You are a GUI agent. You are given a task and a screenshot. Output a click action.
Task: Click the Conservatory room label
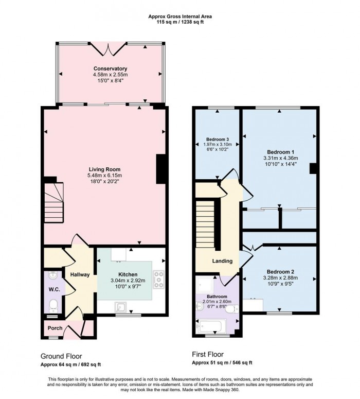pos(111,68)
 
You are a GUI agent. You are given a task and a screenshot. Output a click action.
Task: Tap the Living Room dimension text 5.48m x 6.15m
pos(105,176)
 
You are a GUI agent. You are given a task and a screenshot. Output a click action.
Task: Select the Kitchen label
pos(128,274)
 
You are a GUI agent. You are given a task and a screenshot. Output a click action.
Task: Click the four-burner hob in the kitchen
pos(158,280)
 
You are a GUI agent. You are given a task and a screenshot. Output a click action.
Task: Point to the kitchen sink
pos(120,307)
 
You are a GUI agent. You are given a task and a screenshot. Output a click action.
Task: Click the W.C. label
pos(54,289)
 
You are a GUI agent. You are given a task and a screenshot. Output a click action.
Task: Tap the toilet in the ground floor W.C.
pos(53,306)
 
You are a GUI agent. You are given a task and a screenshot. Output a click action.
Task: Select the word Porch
pos(55,328)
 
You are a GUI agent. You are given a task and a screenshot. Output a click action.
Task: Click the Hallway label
pos(80,274)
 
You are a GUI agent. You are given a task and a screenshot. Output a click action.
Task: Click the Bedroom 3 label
pos(218,139)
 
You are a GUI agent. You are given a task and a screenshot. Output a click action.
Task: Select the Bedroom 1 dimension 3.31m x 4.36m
pos(281,158)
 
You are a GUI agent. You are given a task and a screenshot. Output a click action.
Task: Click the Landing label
pos(222,261)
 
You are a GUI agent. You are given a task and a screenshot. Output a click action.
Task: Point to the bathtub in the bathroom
pos(211,326)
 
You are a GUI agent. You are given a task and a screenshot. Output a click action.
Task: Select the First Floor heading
pos(208,354)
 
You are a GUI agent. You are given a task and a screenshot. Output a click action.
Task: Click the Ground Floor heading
pos(61,356)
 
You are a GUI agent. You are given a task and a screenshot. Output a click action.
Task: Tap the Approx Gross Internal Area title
pos(180,16)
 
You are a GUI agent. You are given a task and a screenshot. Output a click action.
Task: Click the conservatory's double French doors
pos(109,49)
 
